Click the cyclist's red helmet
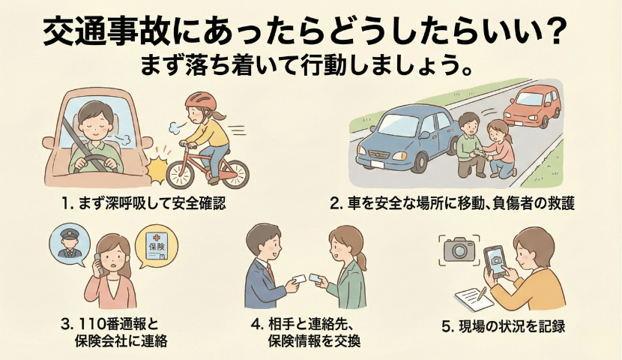tap(201, 101)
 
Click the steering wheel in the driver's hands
tap(95, 161)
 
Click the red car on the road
tap(532, 106)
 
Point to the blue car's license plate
tap(378, 163)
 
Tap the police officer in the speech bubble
tap(67, 244)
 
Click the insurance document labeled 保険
tap(157, 246)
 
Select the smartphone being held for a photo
tap(495, 262)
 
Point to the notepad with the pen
tap(474, 298)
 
